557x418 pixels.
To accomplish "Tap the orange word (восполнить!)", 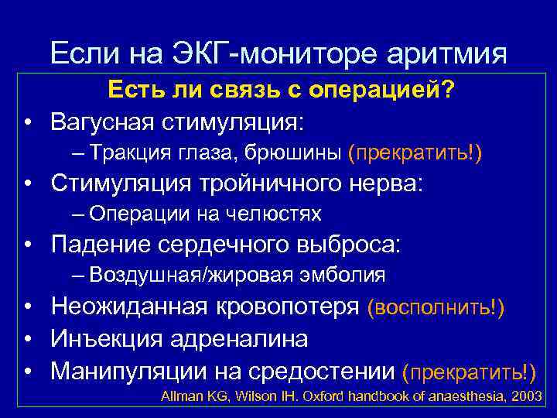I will click(436, 307).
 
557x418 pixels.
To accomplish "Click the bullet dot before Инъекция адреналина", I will click(28, 339).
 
